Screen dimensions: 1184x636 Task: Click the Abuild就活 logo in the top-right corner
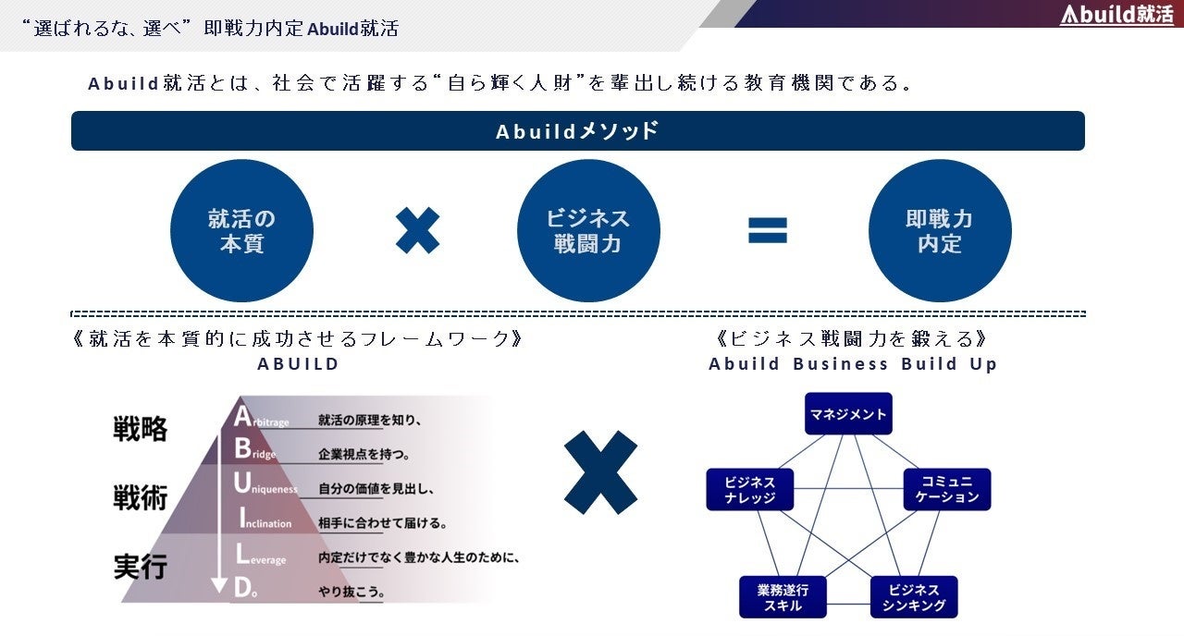click(x=1116, y=15)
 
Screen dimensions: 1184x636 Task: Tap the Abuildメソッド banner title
click(x=577, y=131)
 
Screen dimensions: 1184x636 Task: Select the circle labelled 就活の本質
click(x=241, y=231)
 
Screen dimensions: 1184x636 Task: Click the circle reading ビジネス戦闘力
click(x=588, y=231)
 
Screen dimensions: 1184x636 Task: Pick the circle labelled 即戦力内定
click(x=940, y=231)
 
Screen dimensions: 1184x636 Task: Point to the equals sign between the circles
click(x=768, y=230)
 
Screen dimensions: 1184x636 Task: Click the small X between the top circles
click(x=417, y=230)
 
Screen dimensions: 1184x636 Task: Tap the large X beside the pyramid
click(x=600, y=472)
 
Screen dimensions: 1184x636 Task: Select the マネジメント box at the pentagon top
click(x=847, y=415)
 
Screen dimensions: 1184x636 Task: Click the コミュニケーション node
click(x=947, y=489)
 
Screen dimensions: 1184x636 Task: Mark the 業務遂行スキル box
click(x=783, y=597)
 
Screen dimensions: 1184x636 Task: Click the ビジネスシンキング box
click(x=914, y=597)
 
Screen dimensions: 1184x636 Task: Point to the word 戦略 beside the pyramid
click(x=141, y=429)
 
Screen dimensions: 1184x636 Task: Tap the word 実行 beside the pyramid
click(x=141, y=566)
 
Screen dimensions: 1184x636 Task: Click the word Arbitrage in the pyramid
click(x=263, y=420)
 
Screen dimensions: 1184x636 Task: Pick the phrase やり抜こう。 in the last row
click(x=351, y=592)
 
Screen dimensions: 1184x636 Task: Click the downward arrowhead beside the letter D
click(x=219, y=585)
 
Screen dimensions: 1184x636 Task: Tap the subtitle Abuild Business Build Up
click(x=853, y=364)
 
